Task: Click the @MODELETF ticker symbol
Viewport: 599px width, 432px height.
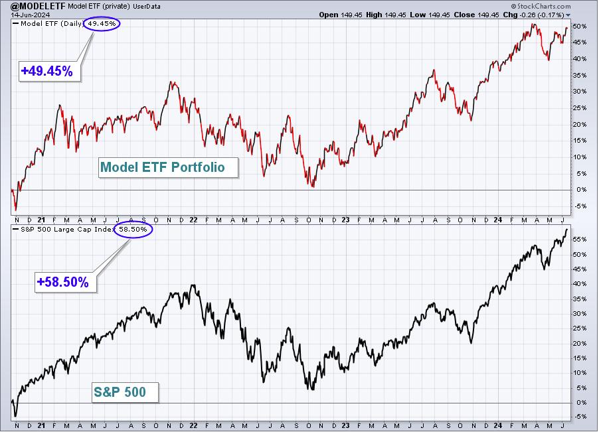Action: (39, 6)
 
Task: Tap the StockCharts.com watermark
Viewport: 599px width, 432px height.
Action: (541, 6)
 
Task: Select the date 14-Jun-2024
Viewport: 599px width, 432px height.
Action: (30, 15)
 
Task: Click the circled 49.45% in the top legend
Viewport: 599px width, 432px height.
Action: (102, 24)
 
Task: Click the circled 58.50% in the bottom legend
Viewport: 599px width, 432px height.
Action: (133, 230)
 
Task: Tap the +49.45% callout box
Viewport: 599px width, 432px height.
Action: (50, 71)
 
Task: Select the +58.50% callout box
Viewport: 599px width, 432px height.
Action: (65, 283)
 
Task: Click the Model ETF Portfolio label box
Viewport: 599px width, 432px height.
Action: (168, 167)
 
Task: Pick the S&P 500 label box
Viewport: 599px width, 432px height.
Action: (126, 392)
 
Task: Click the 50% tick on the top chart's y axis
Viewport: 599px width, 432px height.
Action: (579, 27)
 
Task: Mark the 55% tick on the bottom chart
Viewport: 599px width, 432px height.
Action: (579, 240)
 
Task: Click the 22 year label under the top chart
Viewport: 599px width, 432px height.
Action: (193, 220)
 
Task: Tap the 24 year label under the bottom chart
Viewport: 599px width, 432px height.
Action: (497, 425)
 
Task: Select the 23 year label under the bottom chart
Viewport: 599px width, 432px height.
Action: (345, 425)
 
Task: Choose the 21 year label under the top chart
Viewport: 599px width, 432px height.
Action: (41, 220)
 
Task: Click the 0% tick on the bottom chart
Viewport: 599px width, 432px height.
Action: (580, 403)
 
